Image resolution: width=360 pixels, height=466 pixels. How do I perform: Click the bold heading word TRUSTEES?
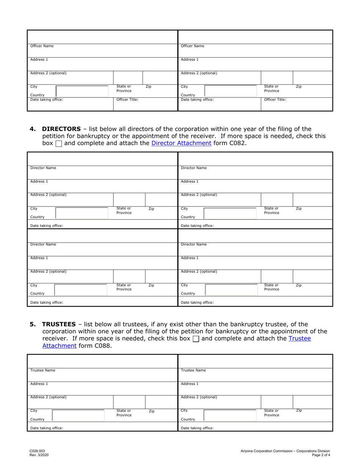59,324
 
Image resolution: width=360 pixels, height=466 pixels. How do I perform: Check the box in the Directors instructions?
59,144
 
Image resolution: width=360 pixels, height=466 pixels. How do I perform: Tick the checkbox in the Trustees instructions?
196,339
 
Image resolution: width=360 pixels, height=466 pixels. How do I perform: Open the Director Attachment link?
181,143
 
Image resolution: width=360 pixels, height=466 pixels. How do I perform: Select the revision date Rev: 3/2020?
39,455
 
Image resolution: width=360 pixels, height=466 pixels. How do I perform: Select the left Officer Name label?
42,46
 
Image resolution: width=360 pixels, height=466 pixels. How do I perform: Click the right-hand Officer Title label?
275,100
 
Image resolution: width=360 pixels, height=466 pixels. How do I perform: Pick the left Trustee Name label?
42,370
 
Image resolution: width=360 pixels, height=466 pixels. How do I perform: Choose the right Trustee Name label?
193,370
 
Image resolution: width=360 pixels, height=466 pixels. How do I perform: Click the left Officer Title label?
127,100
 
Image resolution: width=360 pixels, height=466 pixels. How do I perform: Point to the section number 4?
33,129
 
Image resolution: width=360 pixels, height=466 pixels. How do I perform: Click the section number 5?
33,324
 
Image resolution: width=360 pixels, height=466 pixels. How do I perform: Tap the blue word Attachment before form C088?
59,346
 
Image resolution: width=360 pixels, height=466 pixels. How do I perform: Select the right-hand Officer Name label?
193,46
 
